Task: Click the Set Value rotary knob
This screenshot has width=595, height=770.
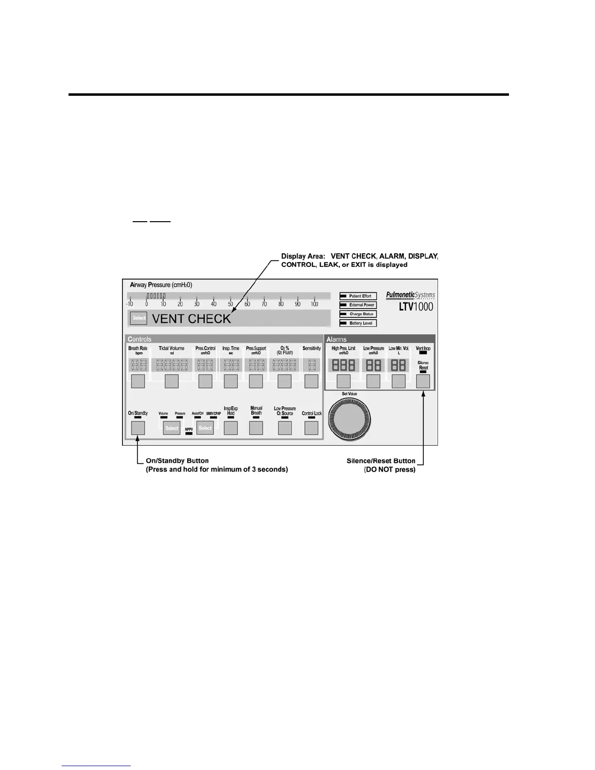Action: coord(350,418)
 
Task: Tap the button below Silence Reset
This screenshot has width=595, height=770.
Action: coord(423,382)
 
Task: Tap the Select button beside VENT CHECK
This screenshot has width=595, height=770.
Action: coord(139,318)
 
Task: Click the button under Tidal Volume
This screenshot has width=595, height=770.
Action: coord(172,382)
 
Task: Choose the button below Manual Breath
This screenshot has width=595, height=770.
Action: coord(256,428)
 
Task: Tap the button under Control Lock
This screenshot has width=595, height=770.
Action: coord(311,428)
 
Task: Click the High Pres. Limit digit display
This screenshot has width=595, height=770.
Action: coord(344,365)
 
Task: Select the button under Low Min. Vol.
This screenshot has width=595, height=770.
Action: coord(399,382)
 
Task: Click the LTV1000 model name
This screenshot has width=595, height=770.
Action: coord(413,307)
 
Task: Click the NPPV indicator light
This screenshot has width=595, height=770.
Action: coord(189,434)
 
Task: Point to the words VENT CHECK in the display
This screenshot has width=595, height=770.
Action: coord(192,319)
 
